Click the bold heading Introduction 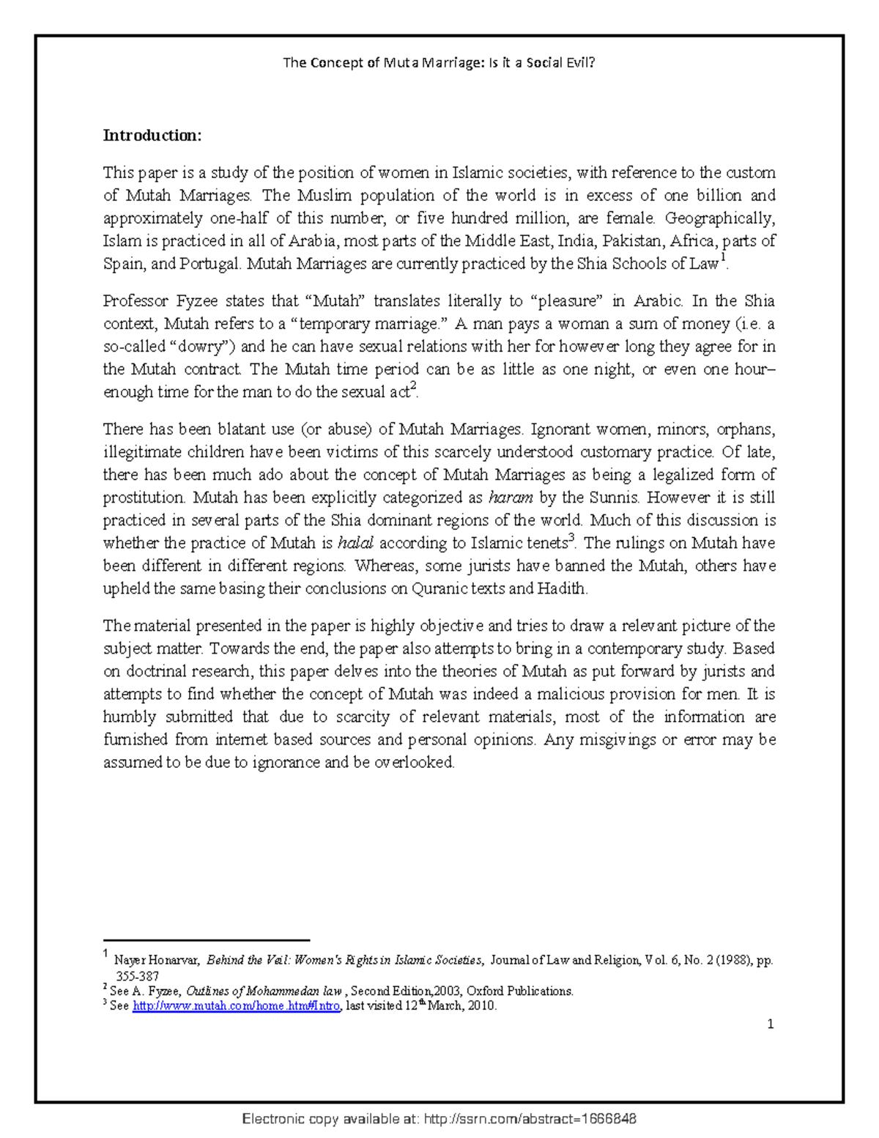pos(152,136)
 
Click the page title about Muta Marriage pos(439,62)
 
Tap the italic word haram pos(510,498)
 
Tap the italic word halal pos(355,543)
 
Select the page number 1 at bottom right pos(770,1024)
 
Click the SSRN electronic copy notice pos(439,1119)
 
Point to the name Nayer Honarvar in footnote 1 pos(155,960)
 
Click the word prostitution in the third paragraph pos(144,498)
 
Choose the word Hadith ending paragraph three pos(562,588)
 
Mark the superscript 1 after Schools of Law pos(723,258)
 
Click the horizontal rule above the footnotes pos(207,939)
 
